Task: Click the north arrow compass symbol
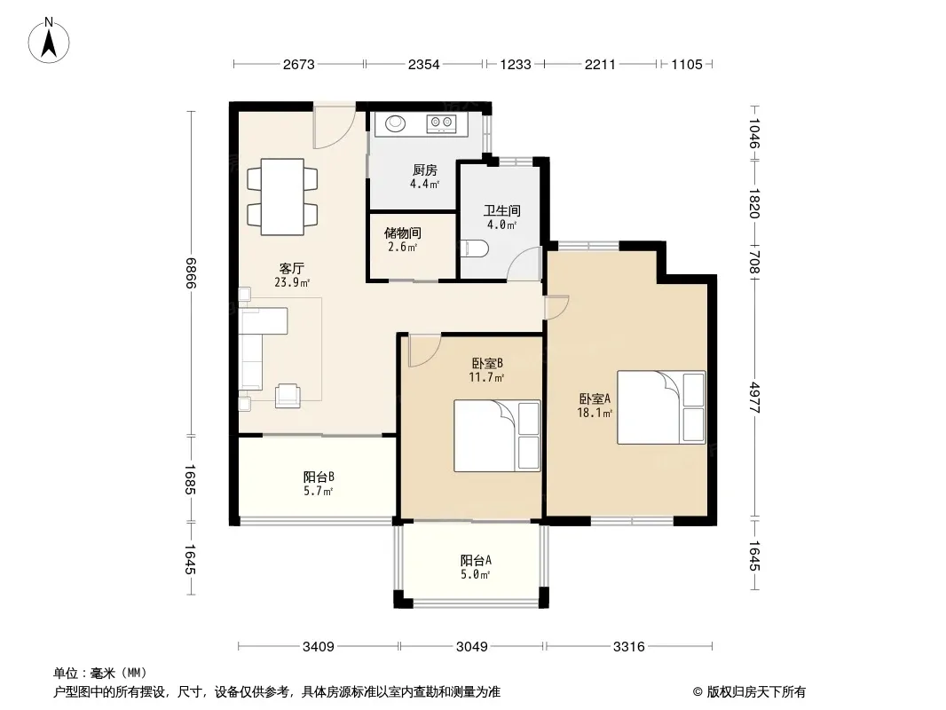[x=49, y=40]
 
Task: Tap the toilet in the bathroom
[x=473, y=249]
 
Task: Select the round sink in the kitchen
[x=396, y=123]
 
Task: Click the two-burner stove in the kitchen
[x=440, y=123]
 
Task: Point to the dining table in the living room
[x=282, y=197]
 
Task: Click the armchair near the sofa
[x=288, y=396]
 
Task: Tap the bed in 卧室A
[x=661, y=407]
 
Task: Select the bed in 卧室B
[x=497, y=436]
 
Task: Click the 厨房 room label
[x=425, y=170]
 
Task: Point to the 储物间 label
[x=402, y=233]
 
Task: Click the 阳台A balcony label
[x=476, y=560]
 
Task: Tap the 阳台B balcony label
[x=319, y=477]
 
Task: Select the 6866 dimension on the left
[x=191, y=272]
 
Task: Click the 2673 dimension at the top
[x=299, y=64]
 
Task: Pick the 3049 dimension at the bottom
[x=472, y=647]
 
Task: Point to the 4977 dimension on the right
[x=754, y=397]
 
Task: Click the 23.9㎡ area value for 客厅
[x=292, y=281]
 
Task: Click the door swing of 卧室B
[x=424, y=351]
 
